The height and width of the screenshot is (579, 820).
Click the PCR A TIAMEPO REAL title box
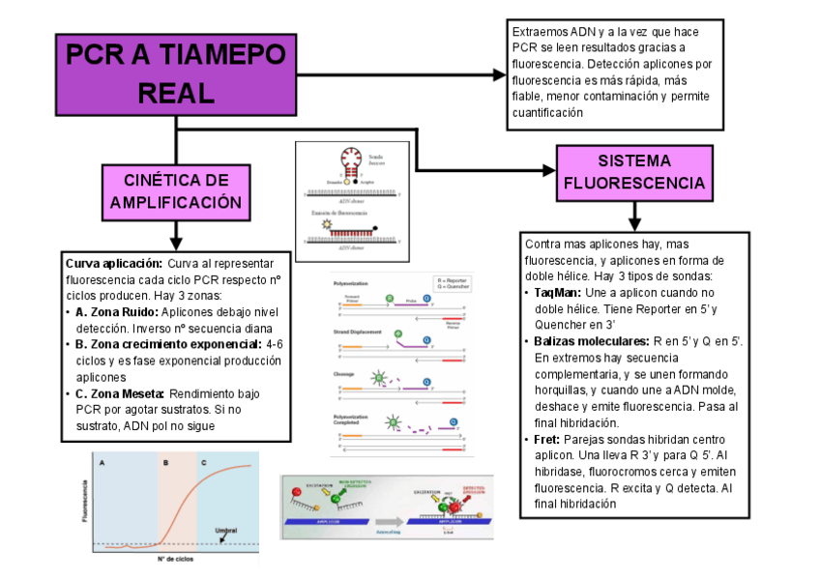pyautogui.click(x=175, y=73)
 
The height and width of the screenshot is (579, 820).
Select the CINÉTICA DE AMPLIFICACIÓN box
pyautogui.click(x=175, y=191)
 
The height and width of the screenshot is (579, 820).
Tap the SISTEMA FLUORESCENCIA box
pyautogui.click(x=633, y=172)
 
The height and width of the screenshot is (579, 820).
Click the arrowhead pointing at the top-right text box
pyautogui.click(x=499, y=74)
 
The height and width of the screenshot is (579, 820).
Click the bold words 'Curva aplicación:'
pyautogui.click(x=113, y=263)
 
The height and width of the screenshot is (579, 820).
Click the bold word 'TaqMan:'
pyautogui.click(x=559, y=292)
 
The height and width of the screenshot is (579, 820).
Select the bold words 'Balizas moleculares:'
pyautogui.click(x=591, y=341)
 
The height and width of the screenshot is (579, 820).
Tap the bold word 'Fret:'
pyautogui.click(x=549, y=441)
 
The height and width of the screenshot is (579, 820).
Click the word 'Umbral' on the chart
pyautogui.click(x=225, y=530)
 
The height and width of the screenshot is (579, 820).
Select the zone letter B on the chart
pyautogui.click(x=165, y=463)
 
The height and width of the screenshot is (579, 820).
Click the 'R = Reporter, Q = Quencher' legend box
pyautogui.click(x=452, y=283)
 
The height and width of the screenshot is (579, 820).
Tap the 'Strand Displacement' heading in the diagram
pyautogui.click(x=361, y=332)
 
